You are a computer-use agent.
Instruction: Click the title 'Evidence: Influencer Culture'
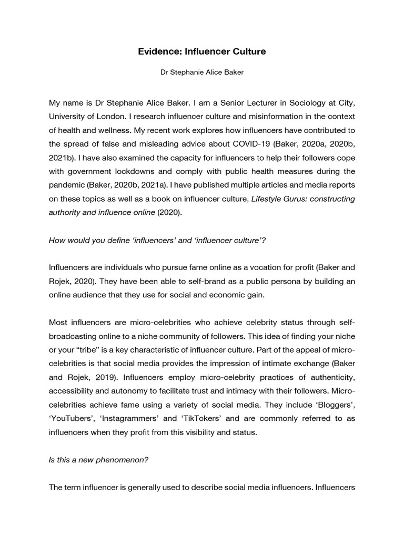202,51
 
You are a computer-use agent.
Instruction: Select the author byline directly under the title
202,73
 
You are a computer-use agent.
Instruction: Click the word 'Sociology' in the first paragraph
291,101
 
